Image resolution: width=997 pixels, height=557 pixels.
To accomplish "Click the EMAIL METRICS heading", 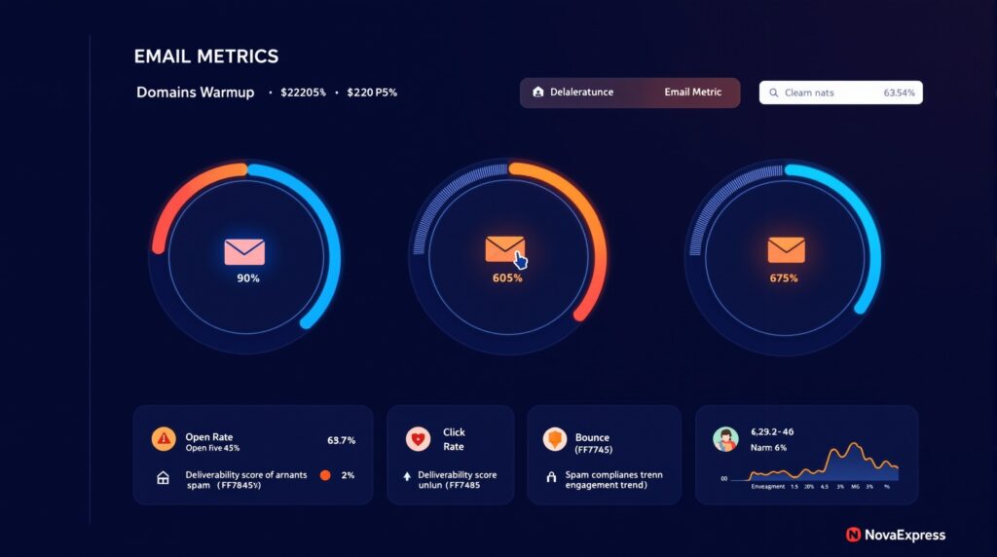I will [x=205, y=56].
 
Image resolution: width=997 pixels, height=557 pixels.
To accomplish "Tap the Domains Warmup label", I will [x=195, y=93].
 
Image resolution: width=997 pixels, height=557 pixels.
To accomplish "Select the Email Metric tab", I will [x=692, y=93].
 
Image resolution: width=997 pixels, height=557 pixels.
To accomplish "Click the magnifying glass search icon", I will [x=774, y=93].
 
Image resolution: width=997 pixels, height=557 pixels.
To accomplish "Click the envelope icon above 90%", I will [x=244, y=251].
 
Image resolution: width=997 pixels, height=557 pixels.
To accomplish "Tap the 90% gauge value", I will [x=248, y=278].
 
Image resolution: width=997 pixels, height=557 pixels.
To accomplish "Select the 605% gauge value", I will [x=507, y=278].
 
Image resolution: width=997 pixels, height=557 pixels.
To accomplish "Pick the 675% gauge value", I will [x=783, y=278].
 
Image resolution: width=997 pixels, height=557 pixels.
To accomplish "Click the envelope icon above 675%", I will [x=786, y=250].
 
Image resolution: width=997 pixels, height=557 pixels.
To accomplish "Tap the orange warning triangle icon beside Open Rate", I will [x=164, y=439].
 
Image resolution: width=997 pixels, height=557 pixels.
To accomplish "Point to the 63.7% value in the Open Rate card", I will [x=341, y=440].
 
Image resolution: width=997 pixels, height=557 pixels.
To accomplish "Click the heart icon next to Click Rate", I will [x=418, y=440].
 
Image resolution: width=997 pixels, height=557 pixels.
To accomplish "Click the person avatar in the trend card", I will [x=725, y=439].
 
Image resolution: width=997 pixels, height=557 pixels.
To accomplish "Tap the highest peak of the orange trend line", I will [x=855, y=446].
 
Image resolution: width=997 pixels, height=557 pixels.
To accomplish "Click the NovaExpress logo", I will [x=895, y=535].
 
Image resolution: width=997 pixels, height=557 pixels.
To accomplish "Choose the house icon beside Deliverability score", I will [x=163, y=478].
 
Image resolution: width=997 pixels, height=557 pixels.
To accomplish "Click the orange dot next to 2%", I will [x=325, y=475].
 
